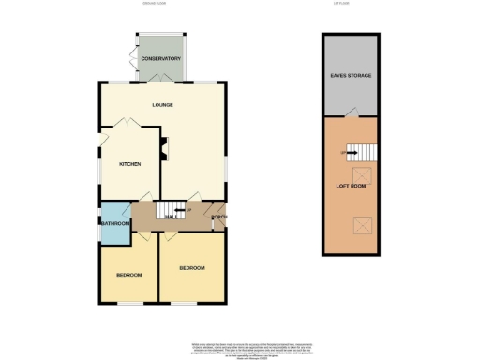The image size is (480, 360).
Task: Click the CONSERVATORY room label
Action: pos(160,59)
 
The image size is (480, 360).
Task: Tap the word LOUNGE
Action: pos(163,104)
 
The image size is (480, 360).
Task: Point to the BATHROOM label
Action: pos(115,223)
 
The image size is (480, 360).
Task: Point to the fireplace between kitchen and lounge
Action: pos(163,146)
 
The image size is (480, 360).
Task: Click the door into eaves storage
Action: pos(350,113)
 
